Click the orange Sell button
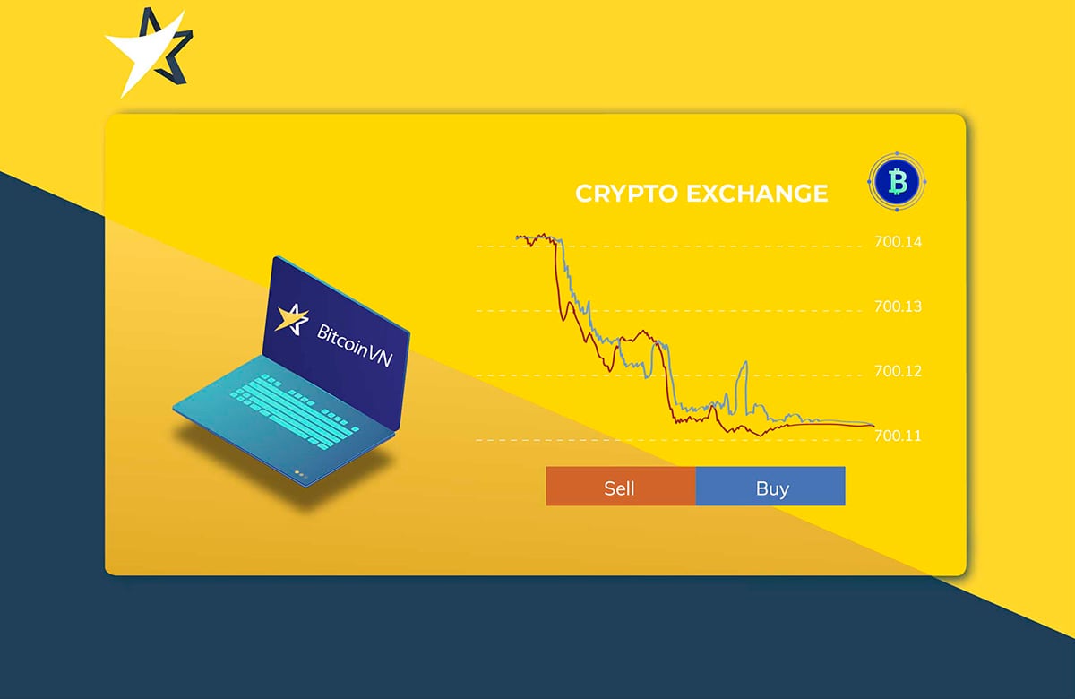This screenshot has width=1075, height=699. [620, 487]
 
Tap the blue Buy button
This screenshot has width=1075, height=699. [770, 487]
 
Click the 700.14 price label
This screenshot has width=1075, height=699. [898, 242]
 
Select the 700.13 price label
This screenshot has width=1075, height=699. [898, 306]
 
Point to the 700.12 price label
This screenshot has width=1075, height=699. [898, 371]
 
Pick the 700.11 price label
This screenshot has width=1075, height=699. [898, 436]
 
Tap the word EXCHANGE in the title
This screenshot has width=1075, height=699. [756, 194]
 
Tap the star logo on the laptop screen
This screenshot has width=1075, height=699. [291, 318]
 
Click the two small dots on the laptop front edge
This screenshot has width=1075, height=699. [299, 473]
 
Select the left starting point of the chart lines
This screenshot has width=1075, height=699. [518, 237]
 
